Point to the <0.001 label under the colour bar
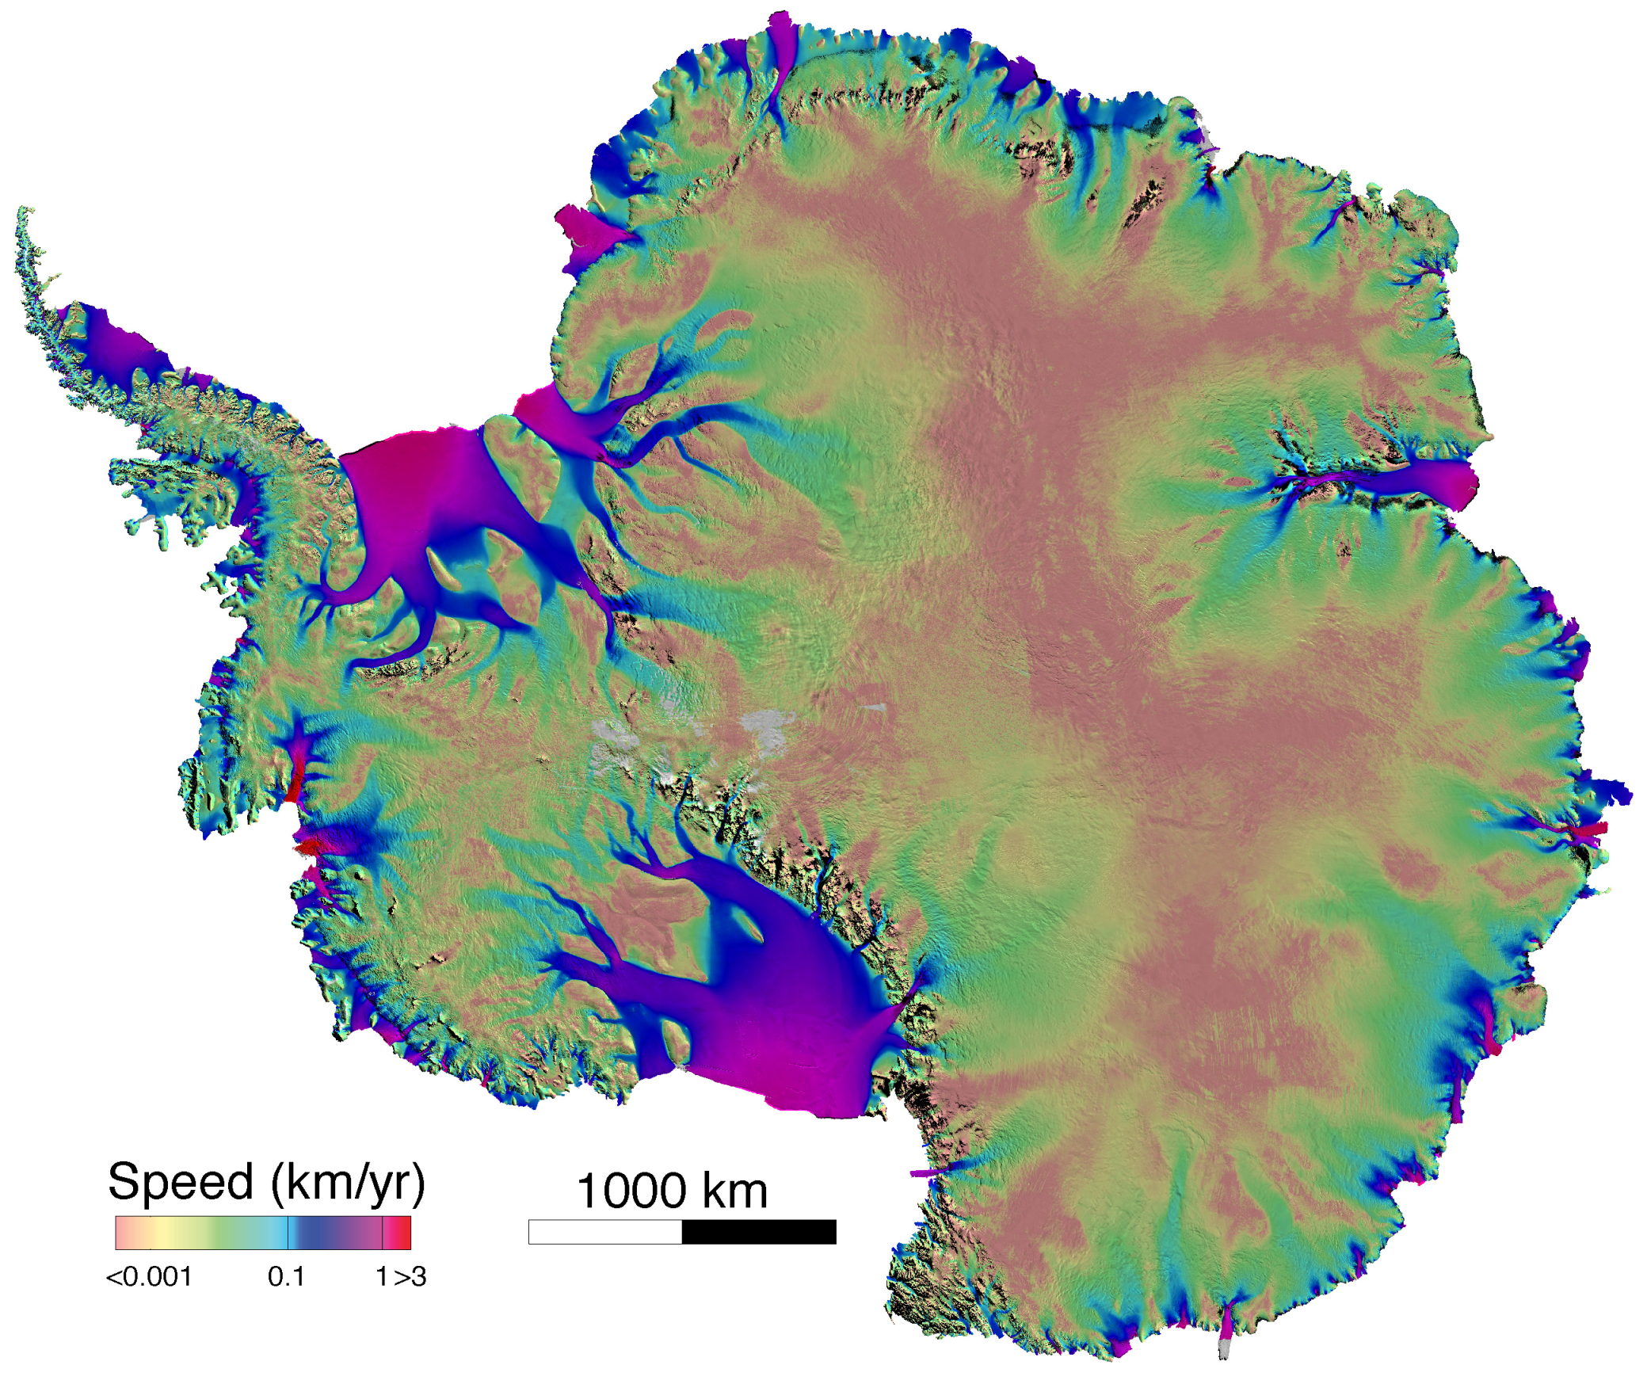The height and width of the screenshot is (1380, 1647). pos(149,1277)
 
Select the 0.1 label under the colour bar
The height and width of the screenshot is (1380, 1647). pos(286,1277)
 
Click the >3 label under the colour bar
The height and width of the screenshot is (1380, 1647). pos(410,1277)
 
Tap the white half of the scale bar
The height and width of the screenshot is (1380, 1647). pos(604,1232)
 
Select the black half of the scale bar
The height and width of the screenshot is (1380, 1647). pos(758,1232)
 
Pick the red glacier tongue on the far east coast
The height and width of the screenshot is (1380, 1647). pos(1588,830)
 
